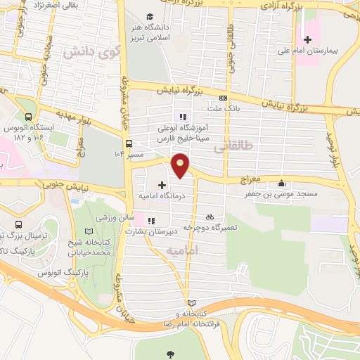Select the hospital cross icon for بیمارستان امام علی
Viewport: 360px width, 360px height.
click(307, 39)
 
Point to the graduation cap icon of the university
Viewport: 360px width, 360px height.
click(149, 16)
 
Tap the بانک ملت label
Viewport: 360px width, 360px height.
click(224, 109)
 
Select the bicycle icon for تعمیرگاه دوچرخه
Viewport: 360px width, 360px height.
click(209, 217)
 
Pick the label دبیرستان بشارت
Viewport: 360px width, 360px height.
click(148, 230)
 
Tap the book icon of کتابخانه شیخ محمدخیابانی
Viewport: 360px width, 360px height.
click(88, 231)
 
